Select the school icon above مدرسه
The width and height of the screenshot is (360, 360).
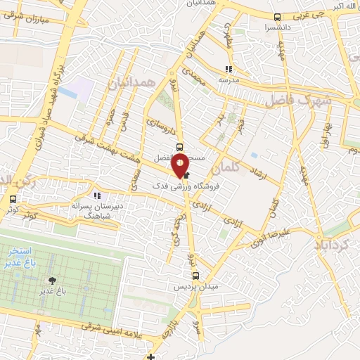pos(228,69)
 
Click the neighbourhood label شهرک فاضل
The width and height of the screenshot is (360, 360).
pos(295,101)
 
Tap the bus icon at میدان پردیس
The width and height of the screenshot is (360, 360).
pos(195,276)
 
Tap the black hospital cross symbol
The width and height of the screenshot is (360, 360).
pos(150,356)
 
